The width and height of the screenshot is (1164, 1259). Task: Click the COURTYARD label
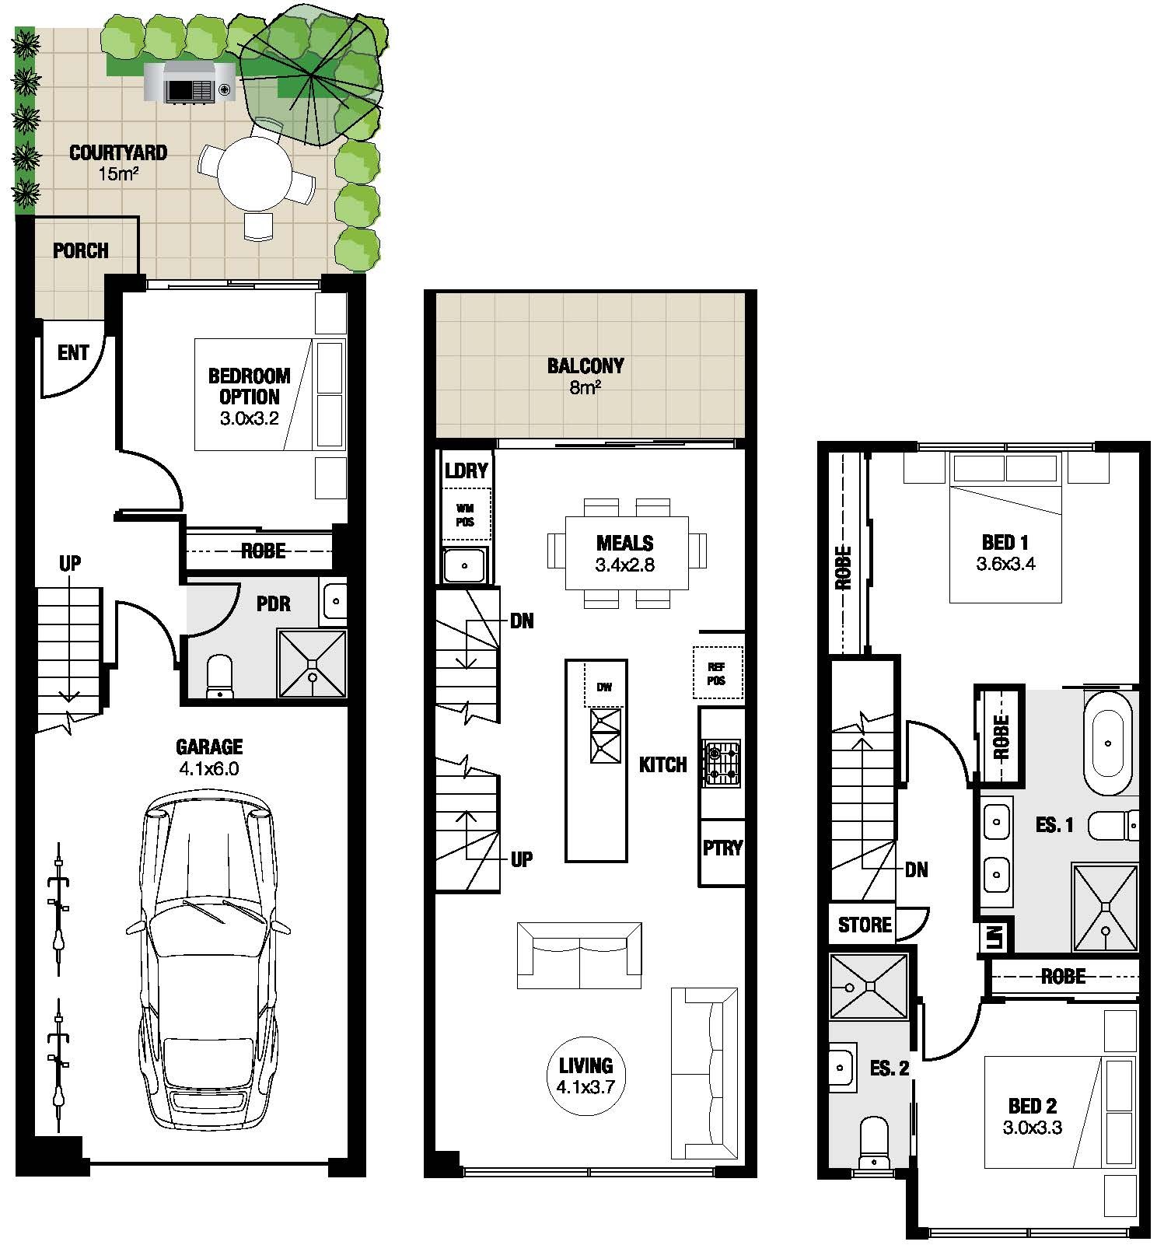pos(118,152)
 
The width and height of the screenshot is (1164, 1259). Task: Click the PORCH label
pos(81,250)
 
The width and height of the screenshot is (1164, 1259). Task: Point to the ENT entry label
pos(73,352)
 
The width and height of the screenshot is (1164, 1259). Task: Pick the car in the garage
pos(208,960)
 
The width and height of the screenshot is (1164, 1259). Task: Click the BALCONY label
pos(585,365)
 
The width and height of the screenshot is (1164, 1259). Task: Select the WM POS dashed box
pos(466,514)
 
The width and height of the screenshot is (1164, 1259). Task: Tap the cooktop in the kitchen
pos(722,762)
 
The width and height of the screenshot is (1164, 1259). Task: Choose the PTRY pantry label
pos(722,848)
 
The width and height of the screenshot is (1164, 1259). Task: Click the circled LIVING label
pos(585,1075)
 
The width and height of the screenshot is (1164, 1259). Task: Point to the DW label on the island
pos(604,687)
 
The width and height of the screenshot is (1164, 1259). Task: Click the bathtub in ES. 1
pos(1108,743)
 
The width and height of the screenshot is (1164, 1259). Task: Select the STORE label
pos(865,925)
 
